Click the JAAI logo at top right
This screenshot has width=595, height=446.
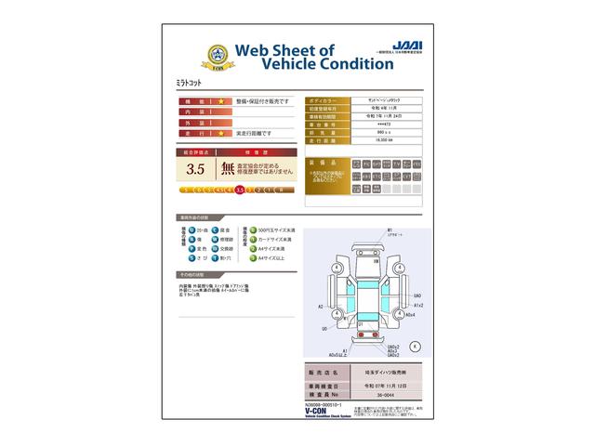[405, 45]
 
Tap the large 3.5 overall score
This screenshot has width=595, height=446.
[195, 168]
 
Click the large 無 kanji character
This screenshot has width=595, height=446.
[228, 168]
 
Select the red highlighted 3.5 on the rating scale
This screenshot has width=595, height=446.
[240, 190]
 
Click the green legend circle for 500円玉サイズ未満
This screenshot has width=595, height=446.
[250, 230]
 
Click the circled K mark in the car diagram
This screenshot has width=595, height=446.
[414, 345]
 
